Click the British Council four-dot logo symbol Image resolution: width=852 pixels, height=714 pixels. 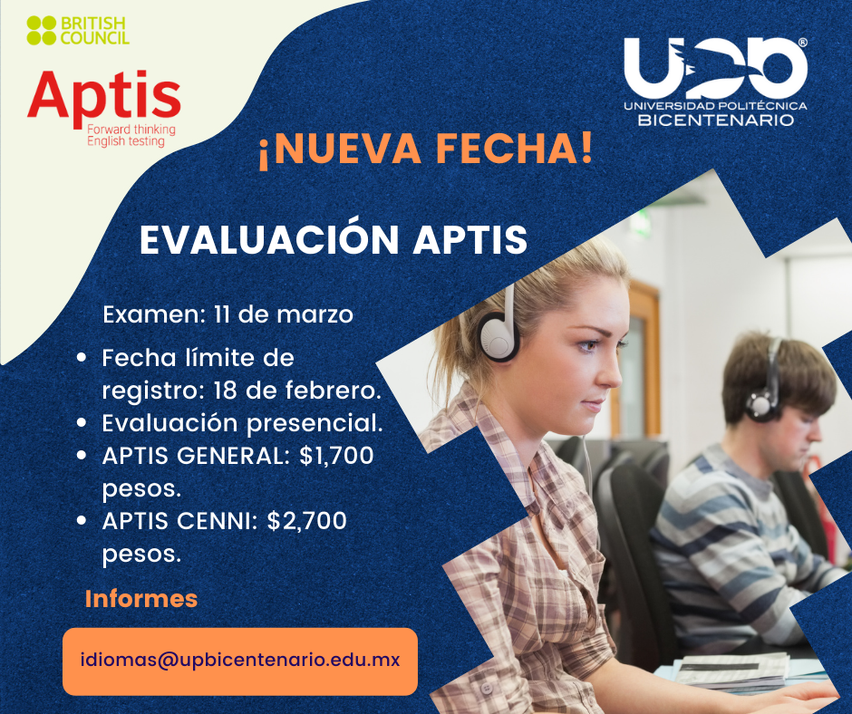tap(42, 31)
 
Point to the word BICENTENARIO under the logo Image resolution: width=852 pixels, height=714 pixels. tap(716, 120)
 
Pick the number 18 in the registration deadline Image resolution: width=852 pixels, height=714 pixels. tap(226, 391)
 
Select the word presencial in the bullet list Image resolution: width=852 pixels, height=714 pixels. tap(315, 424)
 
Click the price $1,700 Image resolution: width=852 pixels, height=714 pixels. tap(336, 456)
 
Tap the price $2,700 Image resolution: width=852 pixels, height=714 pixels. tap(307, 521)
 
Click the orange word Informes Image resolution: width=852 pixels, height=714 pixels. tap(141, 599)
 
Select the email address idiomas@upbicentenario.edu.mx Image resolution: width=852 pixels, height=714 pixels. tap(240, 661)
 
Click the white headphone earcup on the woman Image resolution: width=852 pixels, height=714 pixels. tap(498, 337)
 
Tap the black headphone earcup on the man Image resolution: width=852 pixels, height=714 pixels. tap(762, 404)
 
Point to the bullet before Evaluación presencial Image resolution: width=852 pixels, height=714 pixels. tap(82, 423)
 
